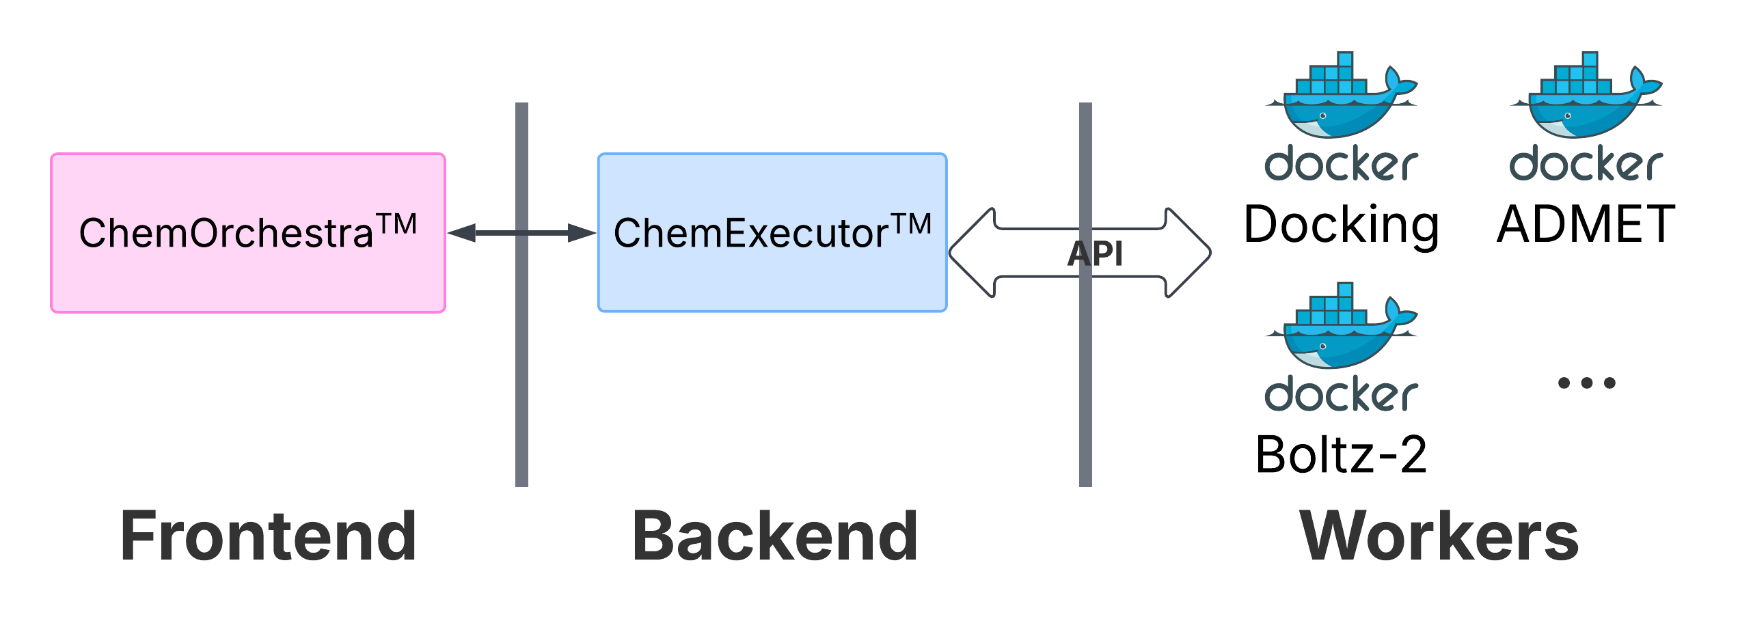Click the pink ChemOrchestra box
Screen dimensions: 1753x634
point(248,233)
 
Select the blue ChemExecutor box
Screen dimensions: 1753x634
point(772,232)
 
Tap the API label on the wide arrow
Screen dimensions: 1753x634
point(1095,253)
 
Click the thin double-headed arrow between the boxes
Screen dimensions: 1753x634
point(521,233)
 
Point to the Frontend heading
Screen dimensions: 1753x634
point(268,536)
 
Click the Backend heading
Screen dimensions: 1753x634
point(775,536)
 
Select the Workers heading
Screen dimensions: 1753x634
point(1439,536)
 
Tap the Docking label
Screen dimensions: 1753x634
point(1341,225)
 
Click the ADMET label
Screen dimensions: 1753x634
point(1586,223)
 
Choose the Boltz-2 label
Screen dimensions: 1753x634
point(1341,454)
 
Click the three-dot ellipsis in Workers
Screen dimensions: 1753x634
point(1586,383)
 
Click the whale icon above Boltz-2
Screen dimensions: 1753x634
point(1341,325)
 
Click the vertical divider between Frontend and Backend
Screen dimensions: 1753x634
point(521,294)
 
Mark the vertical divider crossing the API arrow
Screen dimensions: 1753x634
point(1085,294)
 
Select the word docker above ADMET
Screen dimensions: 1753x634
point(1586,164)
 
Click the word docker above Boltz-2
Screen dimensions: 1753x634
point(1341,395)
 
